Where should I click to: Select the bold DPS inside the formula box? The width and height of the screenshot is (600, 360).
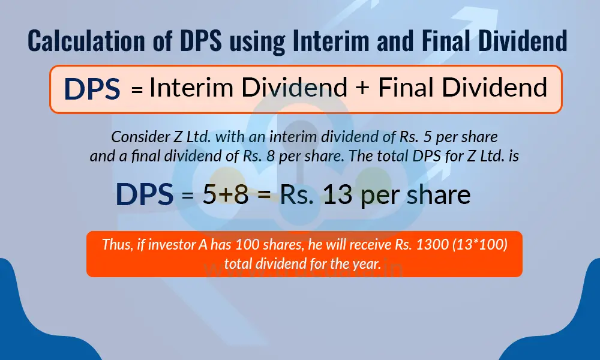[92, 89]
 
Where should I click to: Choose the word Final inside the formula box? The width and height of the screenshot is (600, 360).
[409, 88]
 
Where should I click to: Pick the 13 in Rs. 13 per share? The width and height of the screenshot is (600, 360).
[340, 195]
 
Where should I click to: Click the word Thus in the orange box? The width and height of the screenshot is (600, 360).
[114, 245]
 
